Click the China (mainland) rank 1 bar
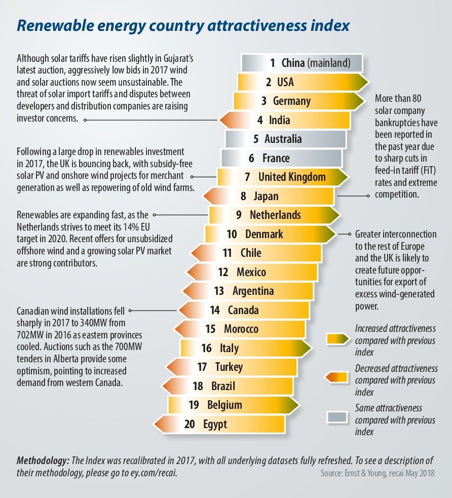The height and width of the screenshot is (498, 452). (302, 63)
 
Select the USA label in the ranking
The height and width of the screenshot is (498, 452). (286, 82)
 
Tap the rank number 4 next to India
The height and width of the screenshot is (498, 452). (260, 120)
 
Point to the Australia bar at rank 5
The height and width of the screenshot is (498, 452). (285, 139)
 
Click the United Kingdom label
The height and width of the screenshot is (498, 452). (292, 177)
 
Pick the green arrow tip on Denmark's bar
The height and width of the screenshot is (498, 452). (329, 234)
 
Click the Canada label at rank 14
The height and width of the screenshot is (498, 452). (243, 310)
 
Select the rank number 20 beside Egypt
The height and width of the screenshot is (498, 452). (190, 424)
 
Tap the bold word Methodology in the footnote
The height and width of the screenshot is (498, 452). (43, 461)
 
